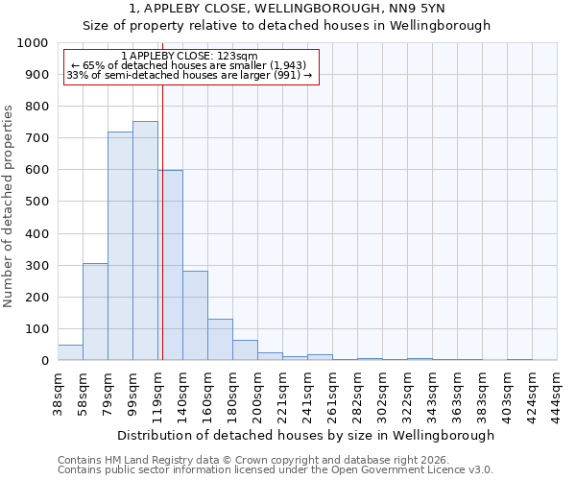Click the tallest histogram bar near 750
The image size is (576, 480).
point(145,240)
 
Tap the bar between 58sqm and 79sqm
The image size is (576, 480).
point(95,311)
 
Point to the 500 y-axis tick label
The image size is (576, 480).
point(36,203)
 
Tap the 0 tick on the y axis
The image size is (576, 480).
point(44,361)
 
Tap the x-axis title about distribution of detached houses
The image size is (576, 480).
point(306,435)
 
